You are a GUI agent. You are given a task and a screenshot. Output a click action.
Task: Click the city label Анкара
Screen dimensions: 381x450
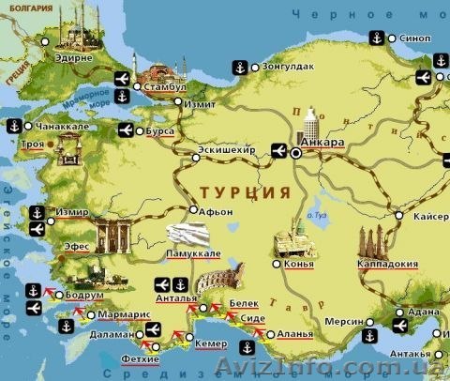(324, 143)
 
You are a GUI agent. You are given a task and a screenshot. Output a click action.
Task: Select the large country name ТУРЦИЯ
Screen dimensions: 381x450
(241, 190)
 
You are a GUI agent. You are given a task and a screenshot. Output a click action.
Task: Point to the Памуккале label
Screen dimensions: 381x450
(193, 253)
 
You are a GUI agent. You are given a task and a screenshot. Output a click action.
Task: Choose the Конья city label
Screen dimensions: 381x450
(297, 263)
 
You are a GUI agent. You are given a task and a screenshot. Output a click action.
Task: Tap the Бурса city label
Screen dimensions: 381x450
(159, 131)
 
